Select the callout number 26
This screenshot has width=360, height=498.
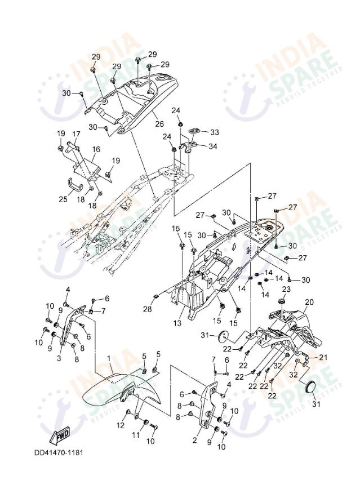159,124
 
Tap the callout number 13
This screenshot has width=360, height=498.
177,323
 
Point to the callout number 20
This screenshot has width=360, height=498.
309,302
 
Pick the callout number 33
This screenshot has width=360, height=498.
214,132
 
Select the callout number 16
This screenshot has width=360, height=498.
96,149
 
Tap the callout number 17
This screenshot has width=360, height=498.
76,134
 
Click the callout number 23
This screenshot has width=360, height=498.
286,289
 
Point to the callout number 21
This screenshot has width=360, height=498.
323,358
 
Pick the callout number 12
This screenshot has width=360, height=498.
119,425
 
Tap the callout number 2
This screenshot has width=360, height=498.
195,440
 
